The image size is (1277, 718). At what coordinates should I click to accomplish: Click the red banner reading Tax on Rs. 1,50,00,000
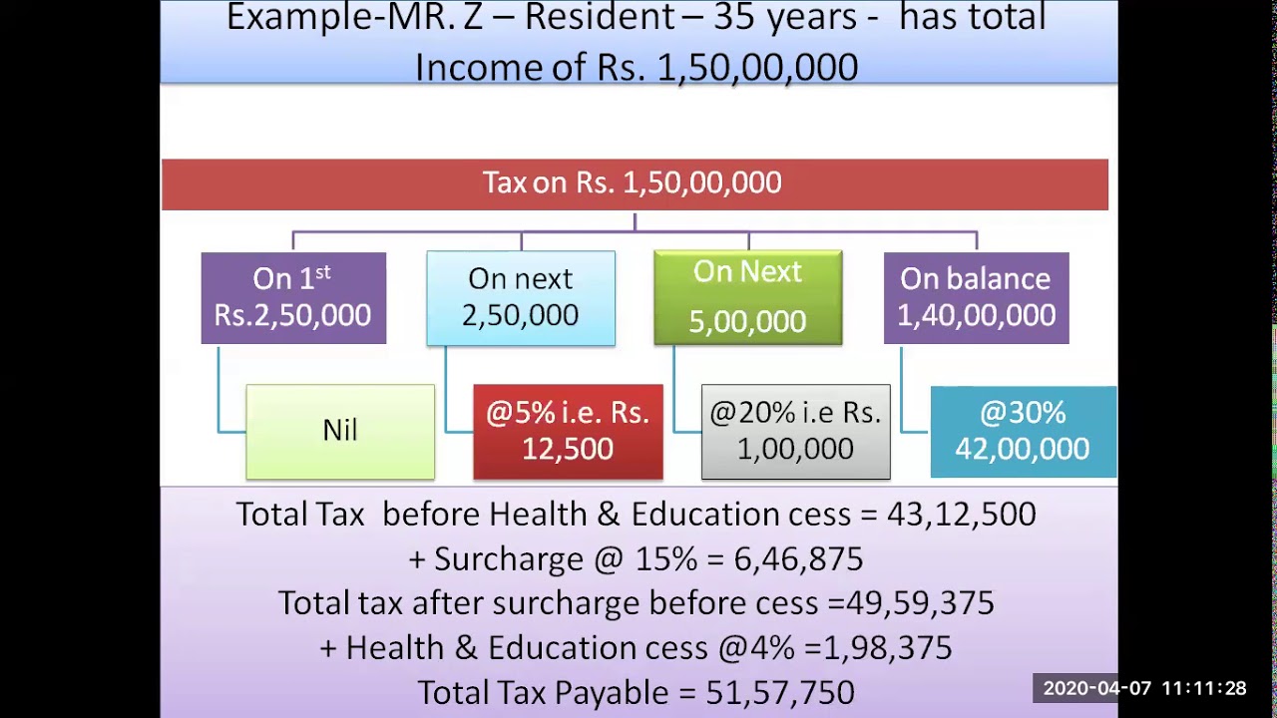click(635, 184)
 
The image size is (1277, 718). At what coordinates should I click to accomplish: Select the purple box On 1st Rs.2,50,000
click(293, 298)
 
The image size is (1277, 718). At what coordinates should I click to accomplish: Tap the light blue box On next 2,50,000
click(521, 298)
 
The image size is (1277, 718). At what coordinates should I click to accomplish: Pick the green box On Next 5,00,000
click(747, 298)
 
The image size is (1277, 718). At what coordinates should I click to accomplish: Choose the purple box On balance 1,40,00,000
click(976, 298)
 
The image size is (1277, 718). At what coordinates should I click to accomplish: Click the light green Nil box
click(340, 431)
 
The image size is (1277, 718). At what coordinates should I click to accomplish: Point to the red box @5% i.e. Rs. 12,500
click(568, 431)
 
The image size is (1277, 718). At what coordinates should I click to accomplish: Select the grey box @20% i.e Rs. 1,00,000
click(795, 431)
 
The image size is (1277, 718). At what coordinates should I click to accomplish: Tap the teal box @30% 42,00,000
click(1023, 431)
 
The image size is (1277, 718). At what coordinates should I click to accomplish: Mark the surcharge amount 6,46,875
click(798, 559)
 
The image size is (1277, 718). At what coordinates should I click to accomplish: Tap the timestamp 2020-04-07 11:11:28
click(1144, 688)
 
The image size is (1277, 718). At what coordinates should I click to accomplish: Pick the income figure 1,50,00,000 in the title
click(757, 68)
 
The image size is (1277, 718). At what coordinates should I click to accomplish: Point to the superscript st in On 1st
click(321, 271)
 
